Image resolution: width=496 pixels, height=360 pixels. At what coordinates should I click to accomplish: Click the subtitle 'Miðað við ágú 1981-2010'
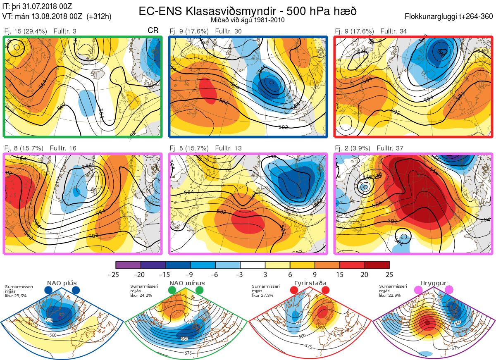(x=248, y=19)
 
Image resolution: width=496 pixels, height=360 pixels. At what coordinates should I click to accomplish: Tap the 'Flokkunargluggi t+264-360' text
(x=450, y=17)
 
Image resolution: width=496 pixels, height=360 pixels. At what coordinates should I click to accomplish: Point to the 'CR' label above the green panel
(x=153, y=31)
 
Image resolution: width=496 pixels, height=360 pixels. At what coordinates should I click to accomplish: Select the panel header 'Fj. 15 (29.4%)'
(x=26, y=31)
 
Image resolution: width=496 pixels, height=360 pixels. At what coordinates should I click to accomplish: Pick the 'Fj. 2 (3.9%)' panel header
(x=352, y=148)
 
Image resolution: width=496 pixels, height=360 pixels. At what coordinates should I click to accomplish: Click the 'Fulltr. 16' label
(x=63, y=148)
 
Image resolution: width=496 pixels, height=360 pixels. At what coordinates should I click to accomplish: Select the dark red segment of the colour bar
(x=377, y=265)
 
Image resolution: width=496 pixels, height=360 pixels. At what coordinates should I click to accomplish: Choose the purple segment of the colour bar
(x=128, y=265)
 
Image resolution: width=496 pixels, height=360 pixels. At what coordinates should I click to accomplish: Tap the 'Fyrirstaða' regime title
(x=310, y=283)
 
